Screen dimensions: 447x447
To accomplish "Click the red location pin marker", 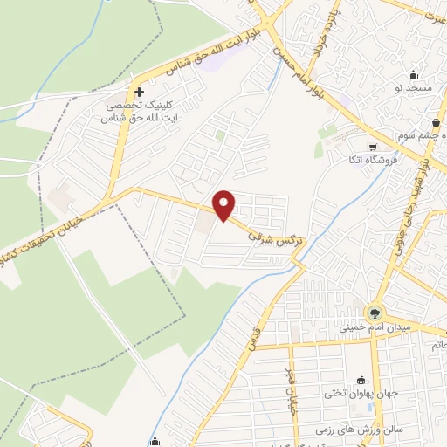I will [x=225, y=205].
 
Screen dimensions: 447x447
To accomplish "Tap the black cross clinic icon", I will [x=139, y=91].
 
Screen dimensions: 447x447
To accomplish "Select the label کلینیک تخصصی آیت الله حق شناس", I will [x=137, y=109].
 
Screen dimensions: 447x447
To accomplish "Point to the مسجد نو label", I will [x=412, y=88].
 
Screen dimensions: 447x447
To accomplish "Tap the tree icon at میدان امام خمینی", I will [x=375, y=313].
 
